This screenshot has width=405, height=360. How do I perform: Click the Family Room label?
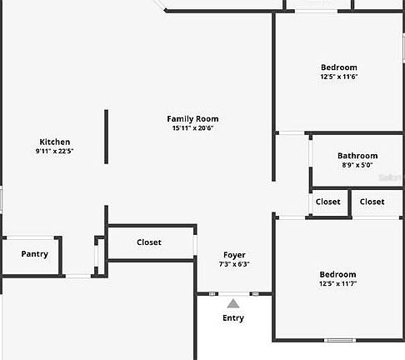pyautogui.click(x=192, y=119)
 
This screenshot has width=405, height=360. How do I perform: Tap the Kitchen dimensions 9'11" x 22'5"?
pyautogui.click(x=54, y=151)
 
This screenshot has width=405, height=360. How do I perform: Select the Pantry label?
pyautogui.click(x=35, y=254)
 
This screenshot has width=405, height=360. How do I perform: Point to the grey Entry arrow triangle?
pyautogui.click(x=233, y=303)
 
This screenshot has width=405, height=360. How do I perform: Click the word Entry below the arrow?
pyautogui.click(x=233, y=317)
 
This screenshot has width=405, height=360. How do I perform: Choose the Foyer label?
pyautogui.click(x=234, y=255)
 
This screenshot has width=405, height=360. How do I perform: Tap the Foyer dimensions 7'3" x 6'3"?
pyautogui.click(x=234, y=264)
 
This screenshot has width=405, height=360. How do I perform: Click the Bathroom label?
pyautogui.click(x=357, y=156)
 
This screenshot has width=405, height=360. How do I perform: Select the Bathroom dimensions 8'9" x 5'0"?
pyautogui.click(x=357, y=165)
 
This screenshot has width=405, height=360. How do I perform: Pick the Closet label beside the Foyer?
pyautogui.click(x=149, y=242)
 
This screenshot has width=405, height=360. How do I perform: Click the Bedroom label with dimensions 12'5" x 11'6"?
pyautogui.click(x=339, y=67)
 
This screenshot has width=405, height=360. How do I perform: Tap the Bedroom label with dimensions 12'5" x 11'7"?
pyautogui.click(x=337, y=274)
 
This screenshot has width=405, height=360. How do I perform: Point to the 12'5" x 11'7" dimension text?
pyautogui.click(x=337, y=283)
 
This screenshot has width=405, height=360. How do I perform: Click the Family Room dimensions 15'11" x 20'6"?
pyautogui.click(x=192, y=128)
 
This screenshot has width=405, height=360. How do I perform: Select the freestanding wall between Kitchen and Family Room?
pyautogui.click(x=106, y=137)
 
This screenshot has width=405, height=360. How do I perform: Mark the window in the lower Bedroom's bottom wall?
pyautogui.click(x=340, y=340)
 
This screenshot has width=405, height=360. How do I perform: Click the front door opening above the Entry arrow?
pyautogui.click(x=234, y=293)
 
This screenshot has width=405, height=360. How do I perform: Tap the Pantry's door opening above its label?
pyautogui.click(x=30, y=237)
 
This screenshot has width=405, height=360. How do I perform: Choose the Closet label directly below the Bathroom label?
pyautogui.click(x=328, y=202)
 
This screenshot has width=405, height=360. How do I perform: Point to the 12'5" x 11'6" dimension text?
pyautogui.click(x=339, y=77)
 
